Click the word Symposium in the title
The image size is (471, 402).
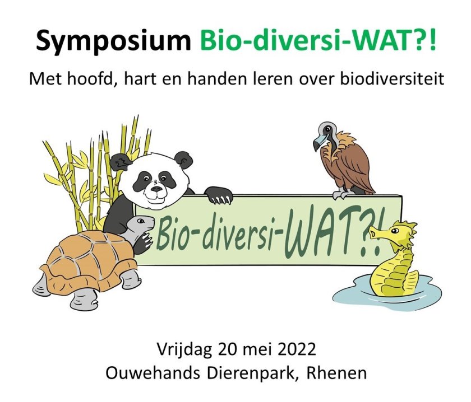click(113, 41)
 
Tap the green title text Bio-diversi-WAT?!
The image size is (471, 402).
click(317, 39)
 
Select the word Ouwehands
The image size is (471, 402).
click(153, 373)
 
